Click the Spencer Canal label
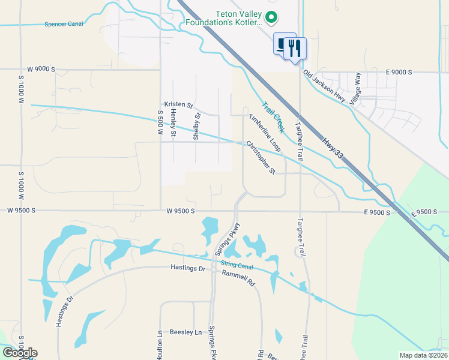(62, 25)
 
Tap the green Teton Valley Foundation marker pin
(271, 18)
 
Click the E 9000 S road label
(399, 72)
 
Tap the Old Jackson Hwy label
(324, 87)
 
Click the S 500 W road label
(160, 125)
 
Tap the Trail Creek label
(272, 116)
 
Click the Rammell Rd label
(238, 275)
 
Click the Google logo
(20, 353)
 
